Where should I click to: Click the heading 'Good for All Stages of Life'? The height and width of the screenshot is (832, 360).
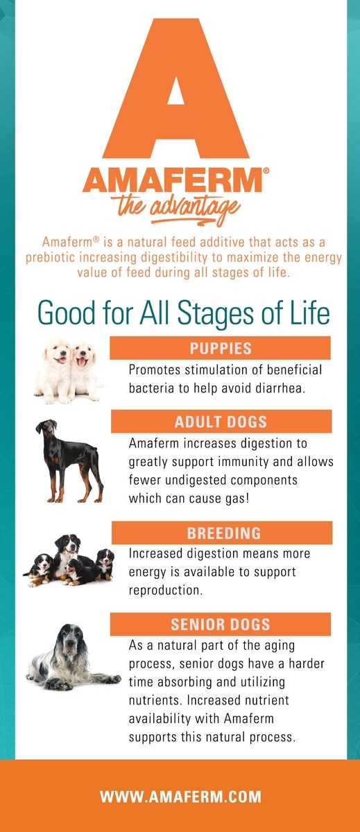pyautogui.click(x=184, y=313)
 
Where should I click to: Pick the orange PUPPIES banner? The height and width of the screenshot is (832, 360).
pyautogui.click(x=220, y=348)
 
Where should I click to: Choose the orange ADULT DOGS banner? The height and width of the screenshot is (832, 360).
pyautogui.click(x=221, y=422)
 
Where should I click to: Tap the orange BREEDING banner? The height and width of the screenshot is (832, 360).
pyautogui.click(x=222, y=532)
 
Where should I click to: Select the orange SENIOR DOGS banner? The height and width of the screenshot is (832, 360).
pyautogui.click(x=221, y=625)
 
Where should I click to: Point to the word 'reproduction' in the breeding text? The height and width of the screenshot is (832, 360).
pyautogui.click(x=166, y=591)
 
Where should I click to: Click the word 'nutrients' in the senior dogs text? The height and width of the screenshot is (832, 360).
pyautogui.click(x=155, y=700)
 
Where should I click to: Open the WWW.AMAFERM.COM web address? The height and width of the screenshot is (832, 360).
pyautogui.click(x=180, y=797)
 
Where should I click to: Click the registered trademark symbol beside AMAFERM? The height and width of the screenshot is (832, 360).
pyautogui.click(x=266, y=171)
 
